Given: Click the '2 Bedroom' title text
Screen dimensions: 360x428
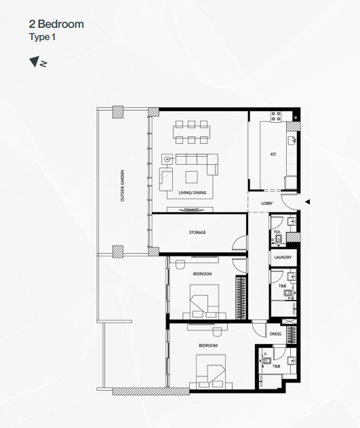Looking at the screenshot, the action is tap(56, 24).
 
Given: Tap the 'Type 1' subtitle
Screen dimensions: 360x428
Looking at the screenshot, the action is tap(42, 37).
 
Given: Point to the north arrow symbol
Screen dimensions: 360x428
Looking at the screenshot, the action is tap(38, 62).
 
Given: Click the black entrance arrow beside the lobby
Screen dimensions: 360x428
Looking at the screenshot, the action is tap(307, 202).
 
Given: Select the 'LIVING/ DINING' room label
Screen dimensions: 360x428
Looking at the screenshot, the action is tap(193, 193).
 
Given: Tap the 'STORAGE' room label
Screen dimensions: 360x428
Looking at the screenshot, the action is tap(197, 232).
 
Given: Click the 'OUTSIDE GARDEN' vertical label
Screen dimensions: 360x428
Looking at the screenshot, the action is tap(123, 186).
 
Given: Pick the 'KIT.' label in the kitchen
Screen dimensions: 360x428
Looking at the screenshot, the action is tap(273, 154).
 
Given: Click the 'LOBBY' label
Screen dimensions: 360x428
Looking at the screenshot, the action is tap(266, 203).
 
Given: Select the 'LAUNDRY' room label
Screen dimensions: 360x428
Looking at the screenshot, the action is tap(283, 257).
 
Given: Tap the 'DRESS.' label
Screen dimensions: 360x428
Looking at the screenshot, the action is tap(276, 334).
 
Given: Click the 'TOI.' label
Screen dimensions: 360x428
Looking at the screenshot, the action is tap(277, 232).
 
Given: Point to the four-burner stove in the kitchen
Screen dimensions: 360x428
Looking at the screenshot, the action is tap(276, 116).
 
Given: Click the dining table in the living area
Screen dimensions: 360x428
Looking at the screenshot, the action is tap(191, 132).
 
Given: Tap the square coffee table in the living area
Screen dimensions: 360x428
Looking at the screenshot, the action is tap(192, 177).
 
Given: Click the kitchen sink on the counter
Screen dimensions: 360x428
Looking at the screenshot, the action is tap(292, 140).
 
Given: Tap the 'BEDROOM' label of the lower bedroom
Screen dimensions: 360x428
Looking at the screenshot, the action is tap(208, 345).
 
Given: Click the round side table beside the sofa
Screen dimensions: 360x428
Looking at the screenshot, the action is tap(167, 159).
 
